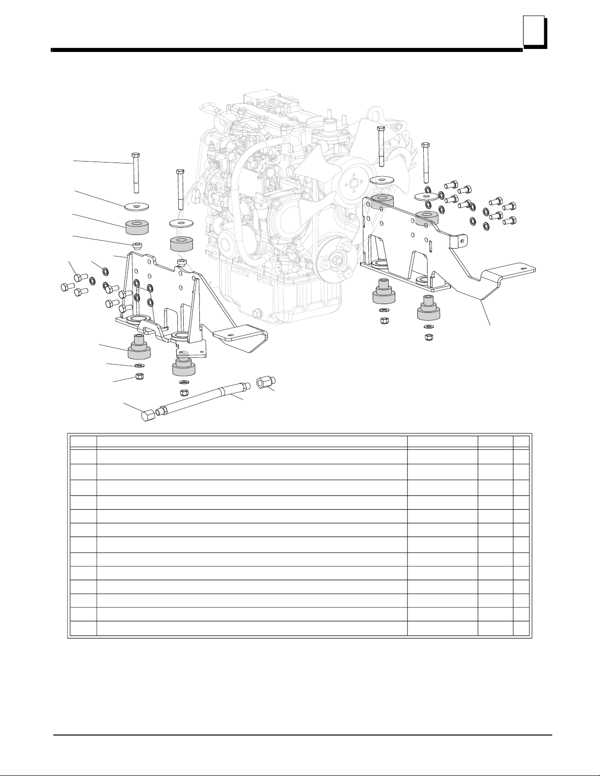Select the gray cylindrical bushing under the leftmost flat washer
pos(138,228)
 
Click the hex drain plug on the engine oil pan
pos(257,312)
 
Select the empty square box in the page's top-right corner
pos(533,31)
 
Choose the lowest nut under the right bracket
pos(429,337)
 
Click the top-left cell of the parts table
pos(83,440)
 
